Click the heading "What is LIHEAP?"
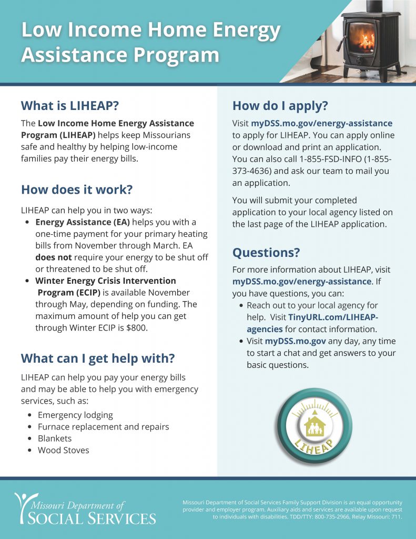point(70,106)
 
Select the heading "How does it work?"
point(76,189)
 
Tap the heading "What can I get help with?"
point(97,359)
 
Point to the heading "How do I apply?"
point(280,106)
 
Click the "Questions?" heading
point(266,253)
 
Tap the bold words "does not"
point(54,257)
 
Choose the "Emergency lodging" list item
point(75,415)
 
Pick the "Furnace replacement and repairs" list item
point(103,426)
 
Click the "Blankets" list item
point(55,438)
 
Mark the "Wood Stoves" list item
point(63,450)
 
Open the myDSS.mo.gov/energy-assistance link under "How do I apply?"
point(321,123)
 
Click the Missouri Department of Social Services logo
point(85,508)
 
